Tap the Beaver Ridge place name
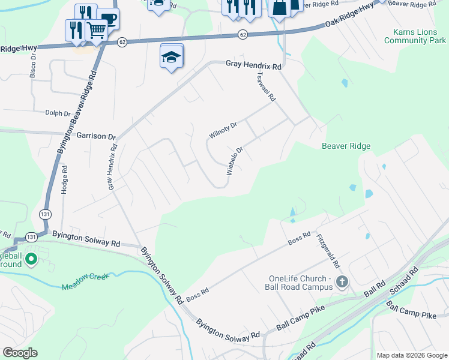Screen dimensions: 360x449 pos(346,146)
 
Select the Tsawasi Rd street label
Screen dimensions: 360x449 pos(265,86)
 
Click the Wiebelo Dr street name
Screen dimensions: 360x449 pos(235,161)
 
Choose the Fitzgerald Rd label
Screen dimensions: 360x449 pos(328,250)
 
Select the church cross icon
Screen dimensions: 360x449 pos(342,281)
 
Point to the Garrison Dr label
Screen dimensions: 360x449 pos(96,137)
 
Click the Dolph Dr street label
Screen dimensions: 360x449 pos(59,112)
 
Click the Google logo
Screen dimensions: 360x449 pos(20,353)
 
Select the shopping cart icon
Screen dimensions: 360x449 pos(96,29)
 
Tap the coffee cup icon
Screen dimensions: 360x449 pos(108,18)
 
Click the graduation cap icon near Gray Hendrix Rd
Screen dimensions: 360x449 pos(172,58)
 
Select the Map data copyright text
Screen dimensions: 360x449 pos(411,355)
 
